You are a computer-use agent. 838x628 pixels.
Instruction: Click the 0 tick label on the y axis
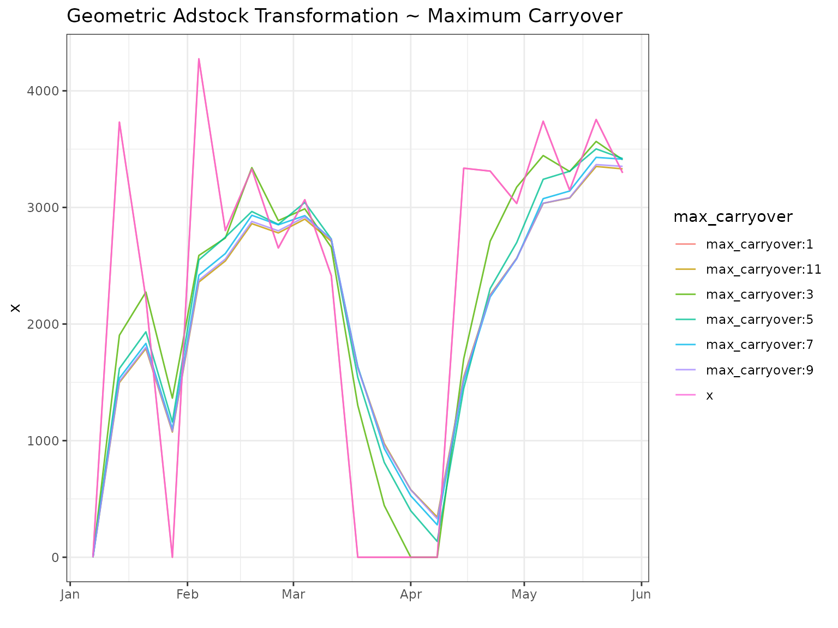[x=55, y=557]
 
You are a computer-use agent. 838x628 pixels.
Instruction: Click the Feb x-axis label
[x=187, y=594]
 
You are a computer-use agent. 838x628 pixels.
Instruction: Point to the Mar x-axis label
[x=293, y=594]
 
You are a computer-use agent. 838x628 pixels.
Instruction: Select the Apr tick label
[x=410, y=594]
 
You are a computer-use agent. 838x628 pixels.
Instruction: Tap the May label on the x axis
[x=524, y=594]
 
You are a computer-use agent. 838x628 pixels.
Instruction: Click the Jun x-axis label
[x=641, y=594]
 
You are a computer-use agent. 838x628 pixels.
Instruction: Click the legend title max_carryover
[x=733, y=217]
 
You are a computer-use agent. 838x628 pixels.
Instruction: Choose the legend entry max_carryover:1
[x=759, y=244]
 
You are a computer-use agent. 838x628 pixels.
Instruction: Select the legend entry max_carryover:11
[x=763, y=269]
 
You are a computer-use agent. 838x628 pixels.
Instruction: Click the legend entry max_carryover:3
[x=759, y=295]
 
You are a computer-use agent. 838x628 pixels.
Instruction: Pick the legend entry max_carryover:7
[x=759, y=345]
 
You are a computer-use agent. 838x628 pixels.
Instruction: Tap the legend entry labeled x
[x=709, y=396]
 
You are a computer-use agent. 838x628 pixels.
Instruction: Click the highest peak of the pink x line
[x=199, y=59]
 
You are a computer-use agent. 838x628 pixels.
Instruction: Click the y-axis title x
[x=15, y=308]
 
